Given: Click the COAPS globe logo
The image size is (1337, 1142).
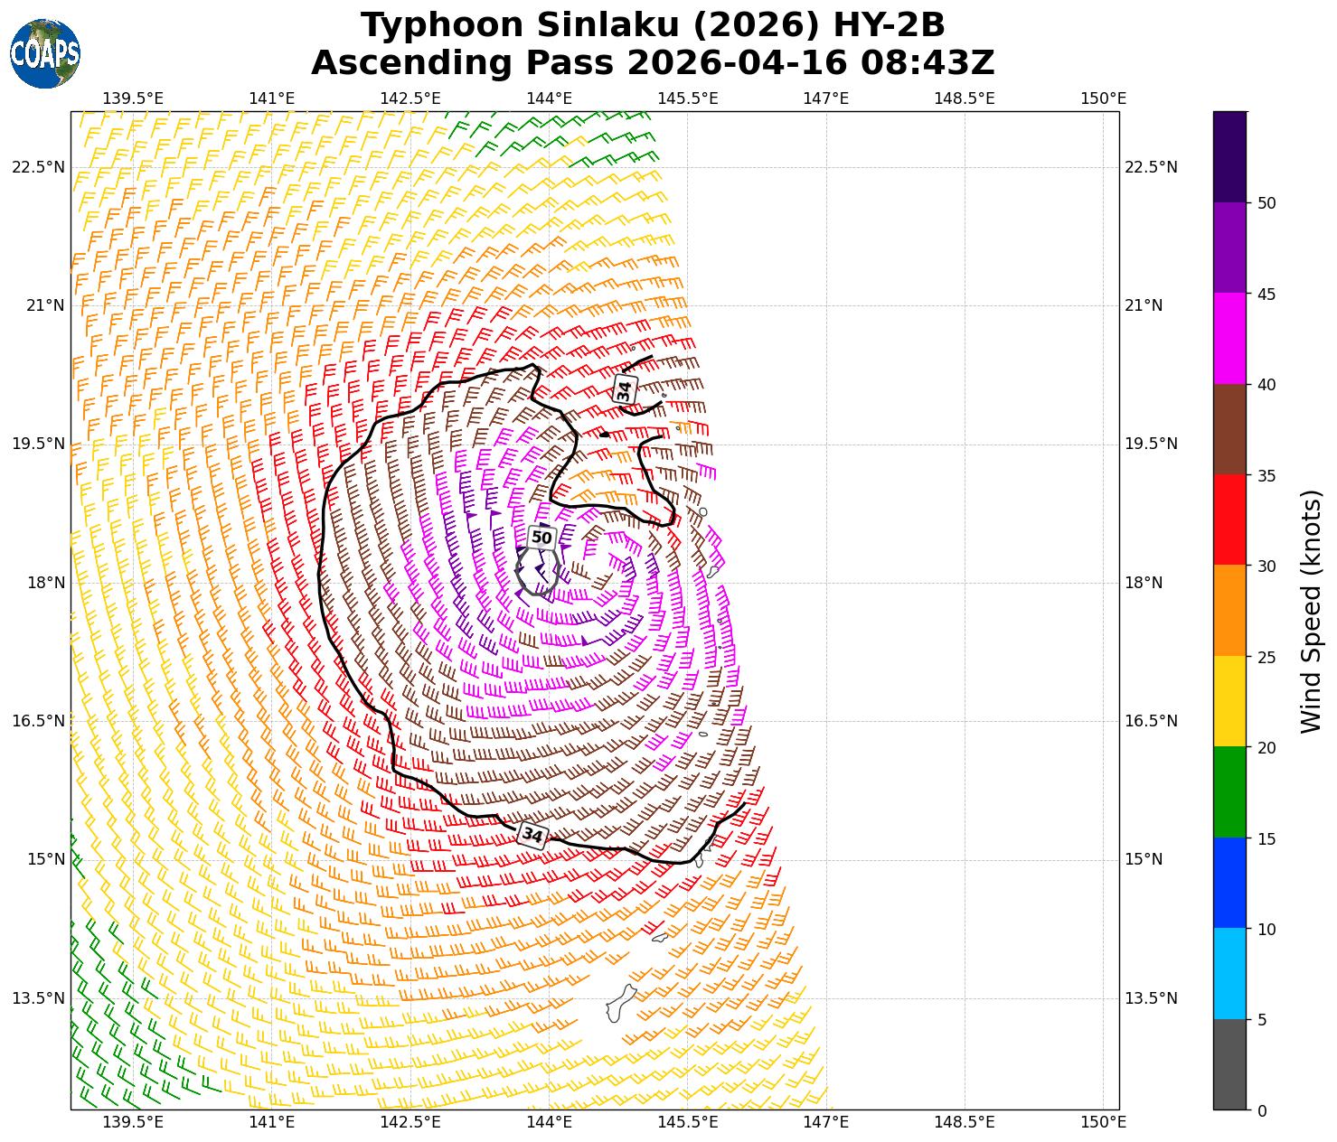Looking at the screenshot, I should pos(45,53).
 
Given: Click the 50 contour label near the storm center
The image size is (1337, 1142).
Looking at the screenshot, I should pos(541,538).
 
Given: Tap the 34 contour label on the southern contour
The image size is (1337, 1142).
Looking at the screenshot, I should pos(532,835).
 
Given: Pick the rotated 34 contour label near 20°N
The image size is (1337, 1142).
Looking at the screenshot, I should pos(624,390).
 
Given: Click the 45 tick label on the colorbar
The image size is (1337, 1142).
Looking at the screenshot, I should pos(1266,294).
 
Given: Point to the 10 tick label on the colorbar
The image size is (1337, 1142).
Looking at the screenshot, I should pos(1266,929).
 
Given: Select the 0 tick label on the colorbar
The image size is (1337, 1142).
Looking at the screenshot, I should pos(1262,1110).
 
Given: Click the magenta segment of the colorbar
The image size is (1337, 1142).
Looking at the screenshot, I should pos(1229,339).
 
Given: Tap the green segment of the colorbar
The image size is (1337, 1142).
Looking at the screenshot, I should pos(1229,792).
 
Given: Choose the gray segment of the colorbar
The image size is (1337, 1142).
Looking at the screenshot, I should pos(1229,1064).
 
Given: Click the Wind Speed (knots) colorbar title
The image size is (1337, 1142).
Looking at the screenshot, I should pos(1311,611).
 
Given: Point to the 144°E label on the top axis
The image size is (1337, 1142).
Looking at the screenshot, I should pos(549,98).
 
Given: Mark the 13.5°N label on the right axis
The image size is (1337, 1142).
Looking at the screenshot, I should pos(1150,998).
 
